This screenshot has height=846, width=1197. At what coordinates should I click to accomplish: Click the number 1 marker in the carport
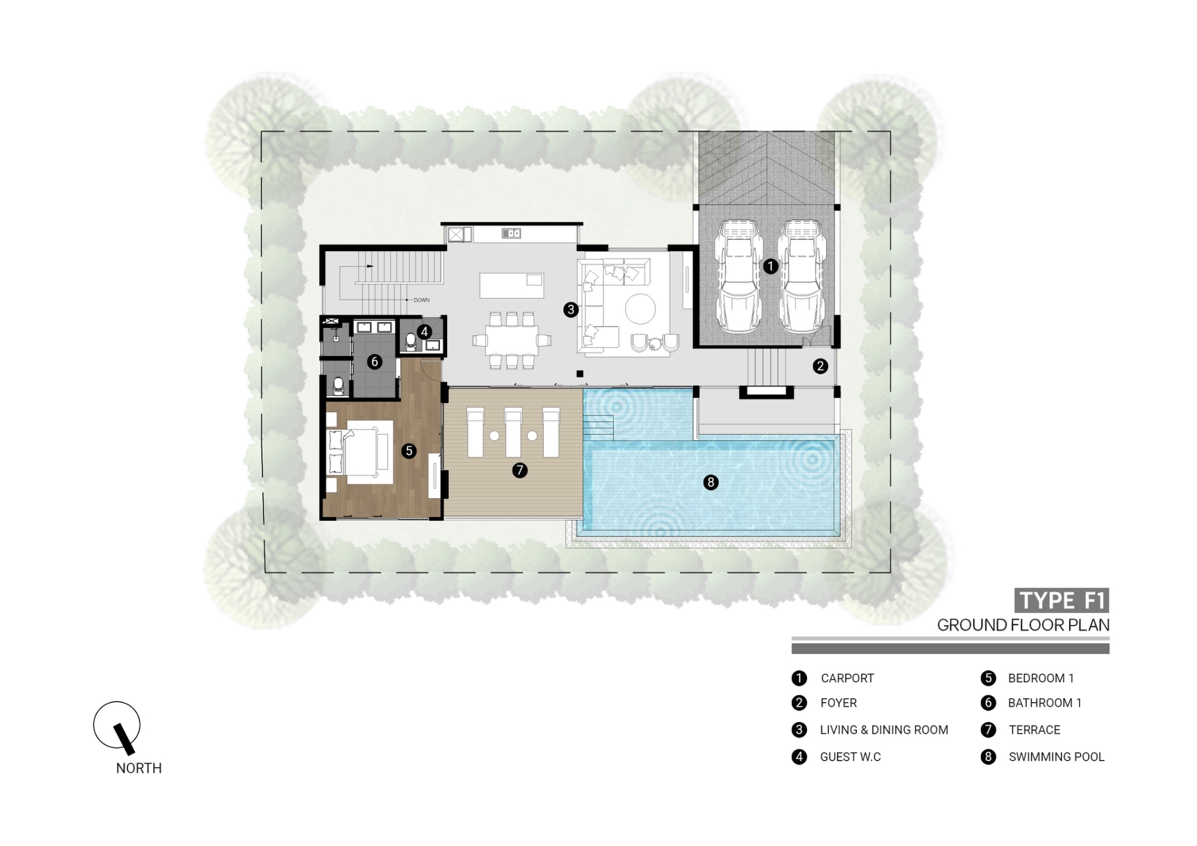tap(770, 266)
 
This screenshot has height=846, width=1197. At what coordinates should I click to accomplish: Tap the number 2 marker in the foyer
tap(820, 366)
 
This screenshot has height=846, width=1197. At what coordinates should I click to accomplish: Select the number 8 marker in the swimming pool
tap(711, 482)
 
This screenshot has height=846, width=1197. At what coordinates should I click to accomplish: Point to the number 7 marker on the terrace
tap(520, 469)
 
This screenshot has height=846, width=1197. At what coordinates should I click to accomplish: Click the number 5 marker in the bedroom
tap(409, 450)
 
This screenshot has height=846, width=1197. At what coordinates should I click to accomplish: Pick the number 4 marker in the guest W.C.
tap(424, 332)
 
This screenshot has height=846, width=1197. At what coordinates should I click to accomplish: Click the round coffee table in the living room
tap(640, 308)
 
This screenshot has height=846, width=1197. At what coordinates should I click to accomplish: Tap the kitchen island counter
tap(511, 286)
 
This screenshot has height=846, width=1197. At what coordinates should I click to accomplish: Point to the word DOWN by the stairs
tap(421, 300)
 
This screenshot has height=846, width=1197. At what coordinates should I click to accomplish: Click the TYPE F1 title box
tap(1061, 600)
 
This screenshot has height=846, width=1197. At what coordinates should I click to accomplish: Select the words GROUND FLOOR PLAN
tap(1023, 625)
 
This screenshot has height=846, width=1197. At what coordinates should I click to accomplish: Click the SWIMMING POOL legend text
tap(1056, 757)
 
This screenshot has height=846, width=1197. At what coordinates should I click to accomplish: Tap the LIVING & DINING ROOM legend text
tap(884, 730)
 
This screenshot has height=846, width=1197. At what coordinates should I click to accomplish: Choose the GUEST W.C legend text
tap(850, 757)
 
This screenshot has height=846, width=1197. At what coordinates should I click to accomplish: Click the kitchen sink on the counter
tap(511, 233)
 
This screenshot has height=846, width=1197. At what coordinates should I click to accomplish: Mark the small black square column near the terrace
tap(580, 374)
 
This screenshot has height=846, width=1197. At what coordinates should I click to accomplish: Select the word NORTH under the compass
tap(139, 768)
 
